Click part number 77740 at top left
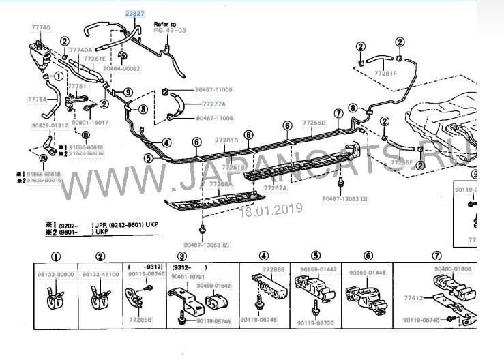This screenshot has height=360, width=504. pos(41,27)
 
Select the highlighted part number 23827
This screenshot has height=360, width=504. pos(134,14)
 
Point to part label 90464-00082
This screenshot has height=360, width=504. pos(121,68)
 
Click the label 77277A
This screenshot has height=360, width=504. pos(214,104)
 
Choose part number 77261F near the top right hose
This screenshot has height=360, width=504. pos(385,73)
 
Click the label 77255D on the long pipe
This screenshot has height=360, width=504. pos(314,123)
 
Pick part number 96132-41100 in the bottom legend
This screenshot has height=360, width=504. pos(100,273)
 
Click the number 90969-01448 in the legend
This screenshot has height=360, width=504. pos(368,273)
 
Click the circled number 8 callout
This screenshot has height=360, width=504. pos(352,108)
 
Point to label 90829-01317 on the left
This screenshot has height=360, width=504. pos(49,125)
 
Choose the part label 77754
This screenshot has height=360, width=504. pos(38,100)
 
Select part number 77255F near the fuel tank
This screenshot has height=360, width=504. pos(402,163)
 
